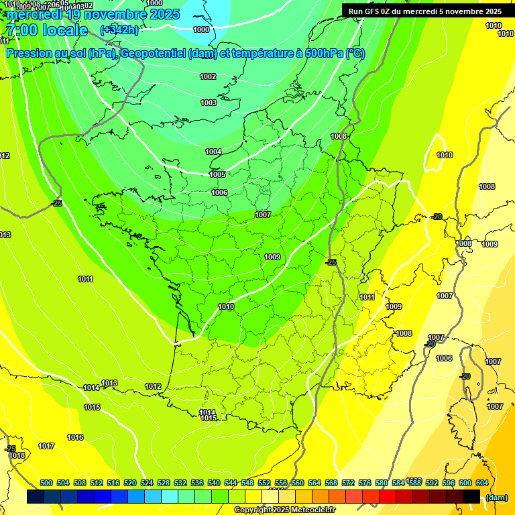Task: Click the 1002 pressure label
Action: point(208,76)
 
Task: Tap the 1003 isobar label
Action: point(209,103)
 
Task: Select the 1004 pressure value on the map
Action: point(213,152)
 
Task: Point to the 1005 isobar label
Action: point(217,174)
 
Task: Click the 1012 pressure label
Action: point(153,386)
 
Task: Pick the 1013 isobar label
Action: point(109,383)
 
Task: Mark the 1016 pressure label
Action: point(75,437)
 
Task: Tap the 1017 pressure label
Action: point(46,446)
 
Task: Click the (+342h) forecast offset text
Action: point(119,30)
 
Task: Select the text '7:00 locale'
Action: point(46,30)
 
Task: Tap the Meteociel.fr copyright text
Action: point(284,510)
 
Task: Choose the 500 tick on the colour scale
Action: point(46,483)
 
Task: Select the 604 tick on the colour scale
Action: point(482,483)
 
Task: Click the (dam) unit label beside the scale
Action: point(496,497)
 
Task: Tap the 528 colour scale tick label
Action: point(164,483)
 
